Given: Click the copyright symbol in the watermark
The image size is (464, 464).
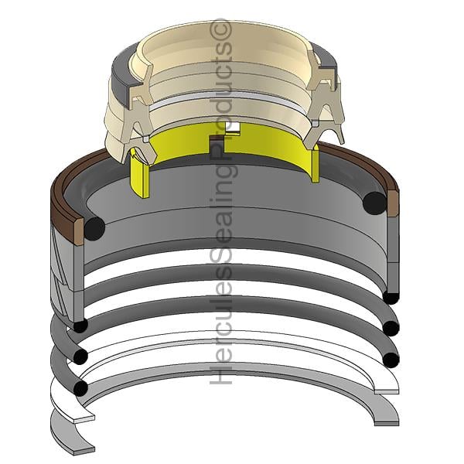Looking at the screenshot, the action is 220,29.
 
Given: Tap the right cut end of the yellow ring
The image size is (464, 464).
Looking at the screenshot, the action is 316,162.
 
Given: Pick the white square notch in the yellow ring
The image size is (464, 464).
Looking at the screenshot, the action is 233,128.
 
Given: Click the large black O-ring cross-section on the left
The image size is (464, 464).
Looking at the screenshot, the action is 94,228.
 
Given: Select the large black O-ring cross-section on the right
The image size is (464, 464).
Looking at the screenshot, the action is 374,203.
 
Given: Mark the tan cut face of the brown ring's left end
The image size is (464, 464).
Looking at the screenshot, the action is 79,231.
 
